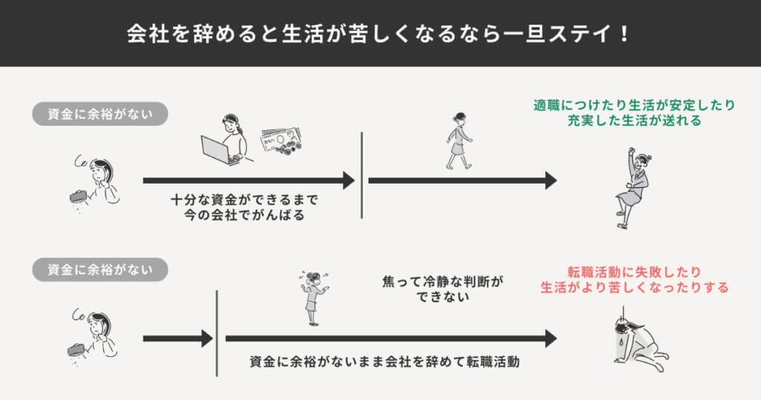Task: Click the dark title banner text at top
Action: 380,34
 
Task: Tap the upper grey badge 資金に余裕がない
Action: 100,114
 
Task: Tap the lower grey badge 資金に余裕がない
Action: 100,269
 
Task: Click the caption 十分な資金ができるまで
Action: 244,200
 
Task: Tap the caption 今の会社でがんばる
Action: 244,215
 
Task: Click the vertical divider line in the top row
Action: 362,175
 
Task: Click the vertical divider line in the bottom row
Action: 216,333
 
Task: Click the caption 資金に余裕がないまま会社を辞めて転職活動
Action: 384,363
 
